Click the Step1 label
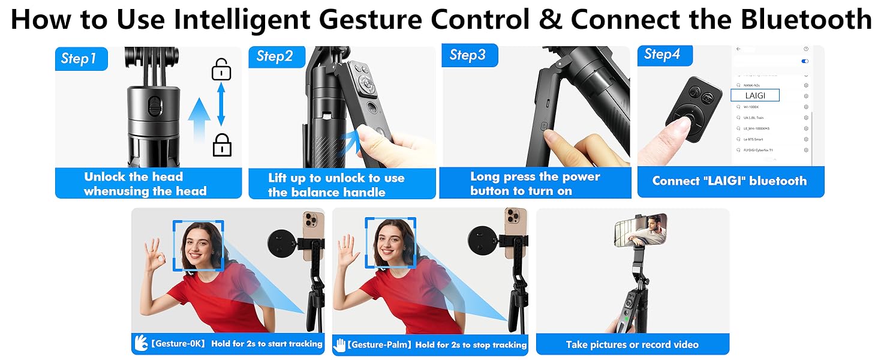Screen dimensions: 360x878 [x=79, y=58]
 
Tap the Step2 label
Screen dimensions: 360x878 [x=275, y=56]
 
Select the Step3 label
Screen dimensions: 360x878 [x=468, y=55]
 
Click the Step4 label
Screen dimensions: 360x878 [x=662, y=55]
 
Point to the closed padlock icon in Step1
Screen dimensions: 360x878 [x=222, y=145]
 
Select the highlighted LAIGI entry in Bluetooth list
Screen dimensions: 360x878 [x=755, y=95]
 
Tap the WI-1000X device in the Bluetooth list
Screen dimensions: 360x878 [x=752, y=107]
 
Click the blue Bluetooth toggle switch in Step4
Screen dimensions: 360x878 [x=805, y=61]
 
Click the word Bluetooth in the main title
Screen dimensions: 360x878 [x=805, y=20]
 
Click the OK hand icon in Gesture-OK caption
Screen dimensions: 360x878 [x=142, y=344]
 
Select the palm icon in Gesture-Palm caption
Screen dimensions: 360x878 [x=341, y=344]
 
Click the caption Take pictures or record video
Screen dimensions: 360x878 [x=632, y=344]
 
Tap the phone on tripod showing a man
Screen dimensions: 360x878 [x=640, y=230]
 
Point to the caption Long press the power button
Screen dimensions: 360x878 [x=535, y=184]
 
